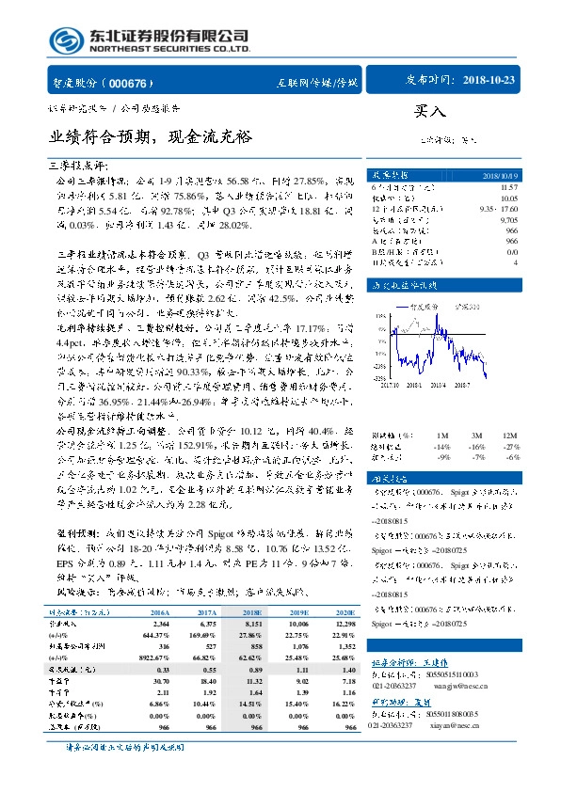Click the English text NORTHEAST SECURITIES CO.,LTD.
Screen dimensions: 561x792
point(168,49)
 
